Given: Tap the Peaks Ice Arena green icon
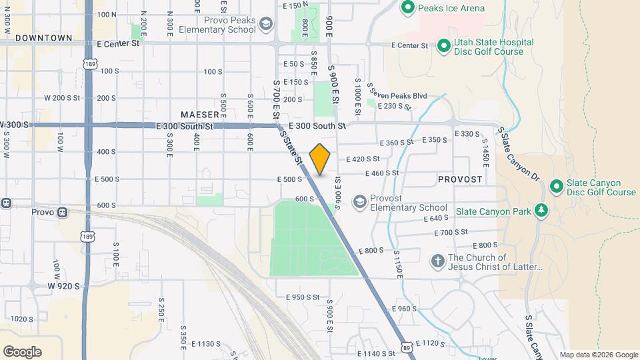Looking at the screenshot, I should (407, 8).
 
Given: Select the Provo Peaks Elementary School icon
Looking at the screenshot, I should (266, 25).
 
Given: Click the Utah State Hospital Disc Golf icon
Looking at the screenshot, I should (443, 46).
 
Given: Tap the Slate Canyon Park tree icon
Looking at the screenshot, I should (541, 211).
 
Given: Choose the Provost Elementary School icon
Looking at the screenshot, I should (360, 202).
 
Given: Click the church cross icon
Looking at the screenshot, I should (437, 261).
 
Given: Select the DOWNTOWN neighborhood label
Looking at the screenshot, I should (43, 38).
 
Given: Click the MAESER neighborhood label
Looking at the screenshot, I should (199, 115).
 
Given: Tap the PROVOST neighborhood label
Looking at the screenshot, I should (460, 180).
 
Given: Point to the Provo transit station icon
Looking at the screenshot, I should (62, 212).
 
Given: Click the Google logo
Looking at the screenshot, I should (22, 351).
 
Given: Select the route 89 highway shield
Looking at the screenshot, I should (406, 346).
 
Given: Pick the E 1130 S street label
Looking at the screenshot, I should (205, 344).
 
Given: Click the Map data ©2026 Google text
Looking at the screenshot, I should (598, 355).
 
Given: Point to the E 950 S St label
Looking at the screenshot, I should (303, 297).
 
